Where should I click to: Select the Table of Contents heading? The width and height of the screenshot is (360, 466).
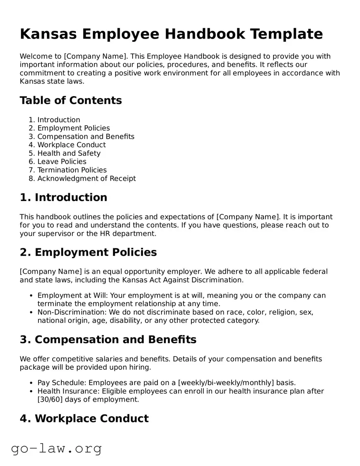pos(71,100)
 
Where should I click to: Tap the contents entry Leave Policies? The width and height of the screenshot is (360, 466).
pos(62,162)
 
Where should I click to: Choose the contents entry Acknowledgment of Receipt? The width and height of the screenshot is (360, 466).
pos(87,179)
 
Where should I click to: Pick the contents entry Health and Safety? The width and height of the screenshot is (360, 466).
pos(69,153)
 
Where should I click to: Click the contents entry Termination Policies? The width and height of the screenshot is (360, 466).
pos(72,170)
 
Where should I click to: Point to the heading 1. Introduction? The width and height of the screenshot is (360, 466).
pos(63,197)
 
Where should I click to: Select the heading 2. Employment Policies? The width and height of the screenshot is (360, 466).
pos(88,252)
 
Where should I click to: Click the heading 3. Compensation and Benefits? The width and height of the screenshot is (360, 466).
pos(108,340)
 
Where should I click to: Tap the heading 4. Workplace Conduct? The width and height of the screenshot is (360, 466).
pos(84,419)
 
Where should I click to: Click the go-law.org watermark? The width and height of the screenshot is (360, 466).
pos(56,449)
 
